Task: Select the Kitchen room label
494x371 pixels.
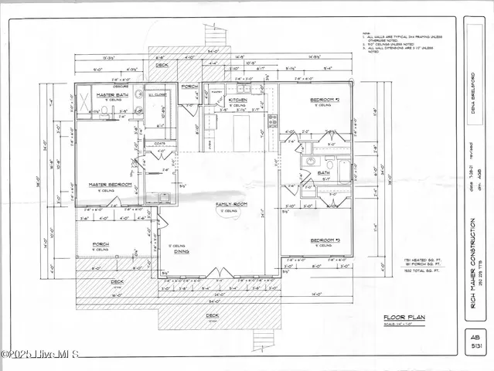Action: (x=237, y=100)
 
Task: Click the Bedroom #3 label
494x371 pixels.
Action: (x=325, y=240)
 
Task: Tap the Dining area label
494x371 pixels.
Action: (x=182, y=251)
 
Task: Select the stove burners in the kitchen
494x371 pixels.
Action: (x=272, y=121)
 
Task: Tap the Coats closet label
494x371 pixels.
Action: (x=160, y=143)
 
